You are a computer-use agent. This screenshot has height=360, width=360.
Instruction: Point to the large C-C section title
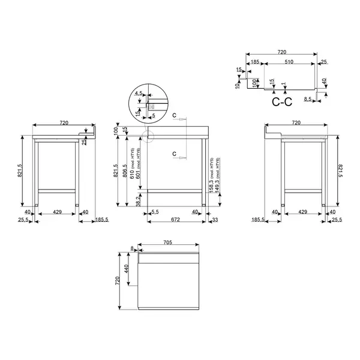pyautogui.click(x=281, y=102)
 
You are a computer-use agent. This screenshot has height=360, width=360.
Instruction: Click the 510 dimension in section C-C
pyautogui.click(x=288, y=62)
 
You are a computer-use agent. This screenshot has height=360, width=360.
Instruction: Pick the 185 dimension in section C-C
pyautogui.click(x=255, y=62)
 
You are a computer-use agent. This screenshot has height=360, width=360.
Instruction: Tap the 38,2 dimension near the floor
pyautogui.click(x=139, y=199)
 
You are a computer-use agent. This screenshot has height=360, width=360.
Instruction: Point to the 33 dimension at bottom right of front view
pyautogui.click(x=214, y=220)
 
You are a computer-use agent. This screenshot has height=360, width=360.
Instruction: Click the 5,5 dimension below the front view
pyautogui.click(x=155, y=212)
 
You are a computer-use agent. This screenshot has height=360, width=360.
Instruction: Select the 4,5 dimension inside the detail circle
pyautogui.click(x=139, y=93)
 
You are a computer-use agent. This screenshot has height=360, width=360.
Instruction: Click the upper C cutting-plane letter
pyautogui.click(x=174, y=114)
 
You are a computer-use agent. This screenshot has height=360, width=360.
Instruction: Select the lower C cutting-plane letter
pyautogui.click(x=174, y=155)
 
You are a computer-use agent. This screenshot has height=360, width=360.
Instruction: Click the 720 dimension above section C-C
pyautogui.click(x=281, y=53)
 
